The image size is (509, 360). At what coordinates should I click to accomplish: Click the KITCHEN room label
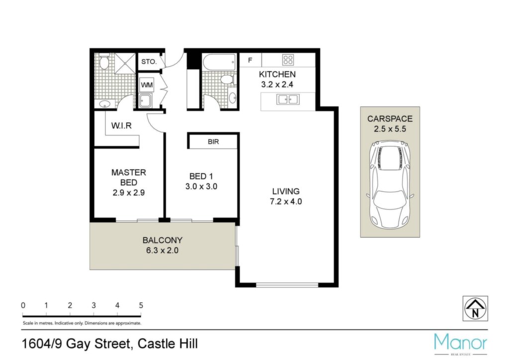tap(277, 75)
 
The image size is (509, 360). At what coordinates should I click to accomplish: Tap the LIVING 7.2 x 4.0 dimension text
tap(286, 201)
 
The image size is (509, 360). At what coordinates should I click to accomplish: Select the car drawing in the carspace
tap(390, 184)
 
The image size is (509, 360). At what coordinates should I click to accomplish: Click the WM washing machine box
tap(147, 86)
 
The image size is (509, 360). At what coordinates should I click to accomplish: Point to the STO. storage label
tap(149, 62)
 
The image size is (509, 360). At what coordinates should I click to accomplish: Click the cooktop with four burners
tap(288, 59)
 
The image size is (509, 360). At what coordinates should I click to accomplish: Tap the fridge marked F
tap(251, 60)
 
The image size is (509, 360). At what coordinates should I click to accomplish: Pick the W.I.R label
tap(121, 126)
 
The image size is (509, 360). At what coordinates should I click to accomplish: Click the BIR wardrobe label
tap(213, 142)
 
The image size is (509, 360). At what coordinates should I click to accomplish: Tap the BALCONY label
tap(163, 240)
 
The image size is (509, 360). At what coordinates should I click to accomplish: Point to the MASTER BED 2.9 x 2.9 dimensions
tap(129, 193)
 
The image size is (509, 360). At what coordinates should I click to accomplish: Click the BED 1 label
tap(201, 176)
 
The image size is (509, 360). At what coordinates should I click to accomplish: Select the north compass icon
tap(475, 308)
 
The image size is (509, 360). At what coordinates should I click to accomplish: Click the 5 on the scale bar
tap(141, 305)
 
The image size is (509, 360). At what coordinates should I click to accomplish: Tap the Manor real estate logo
tap(461, 344)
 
